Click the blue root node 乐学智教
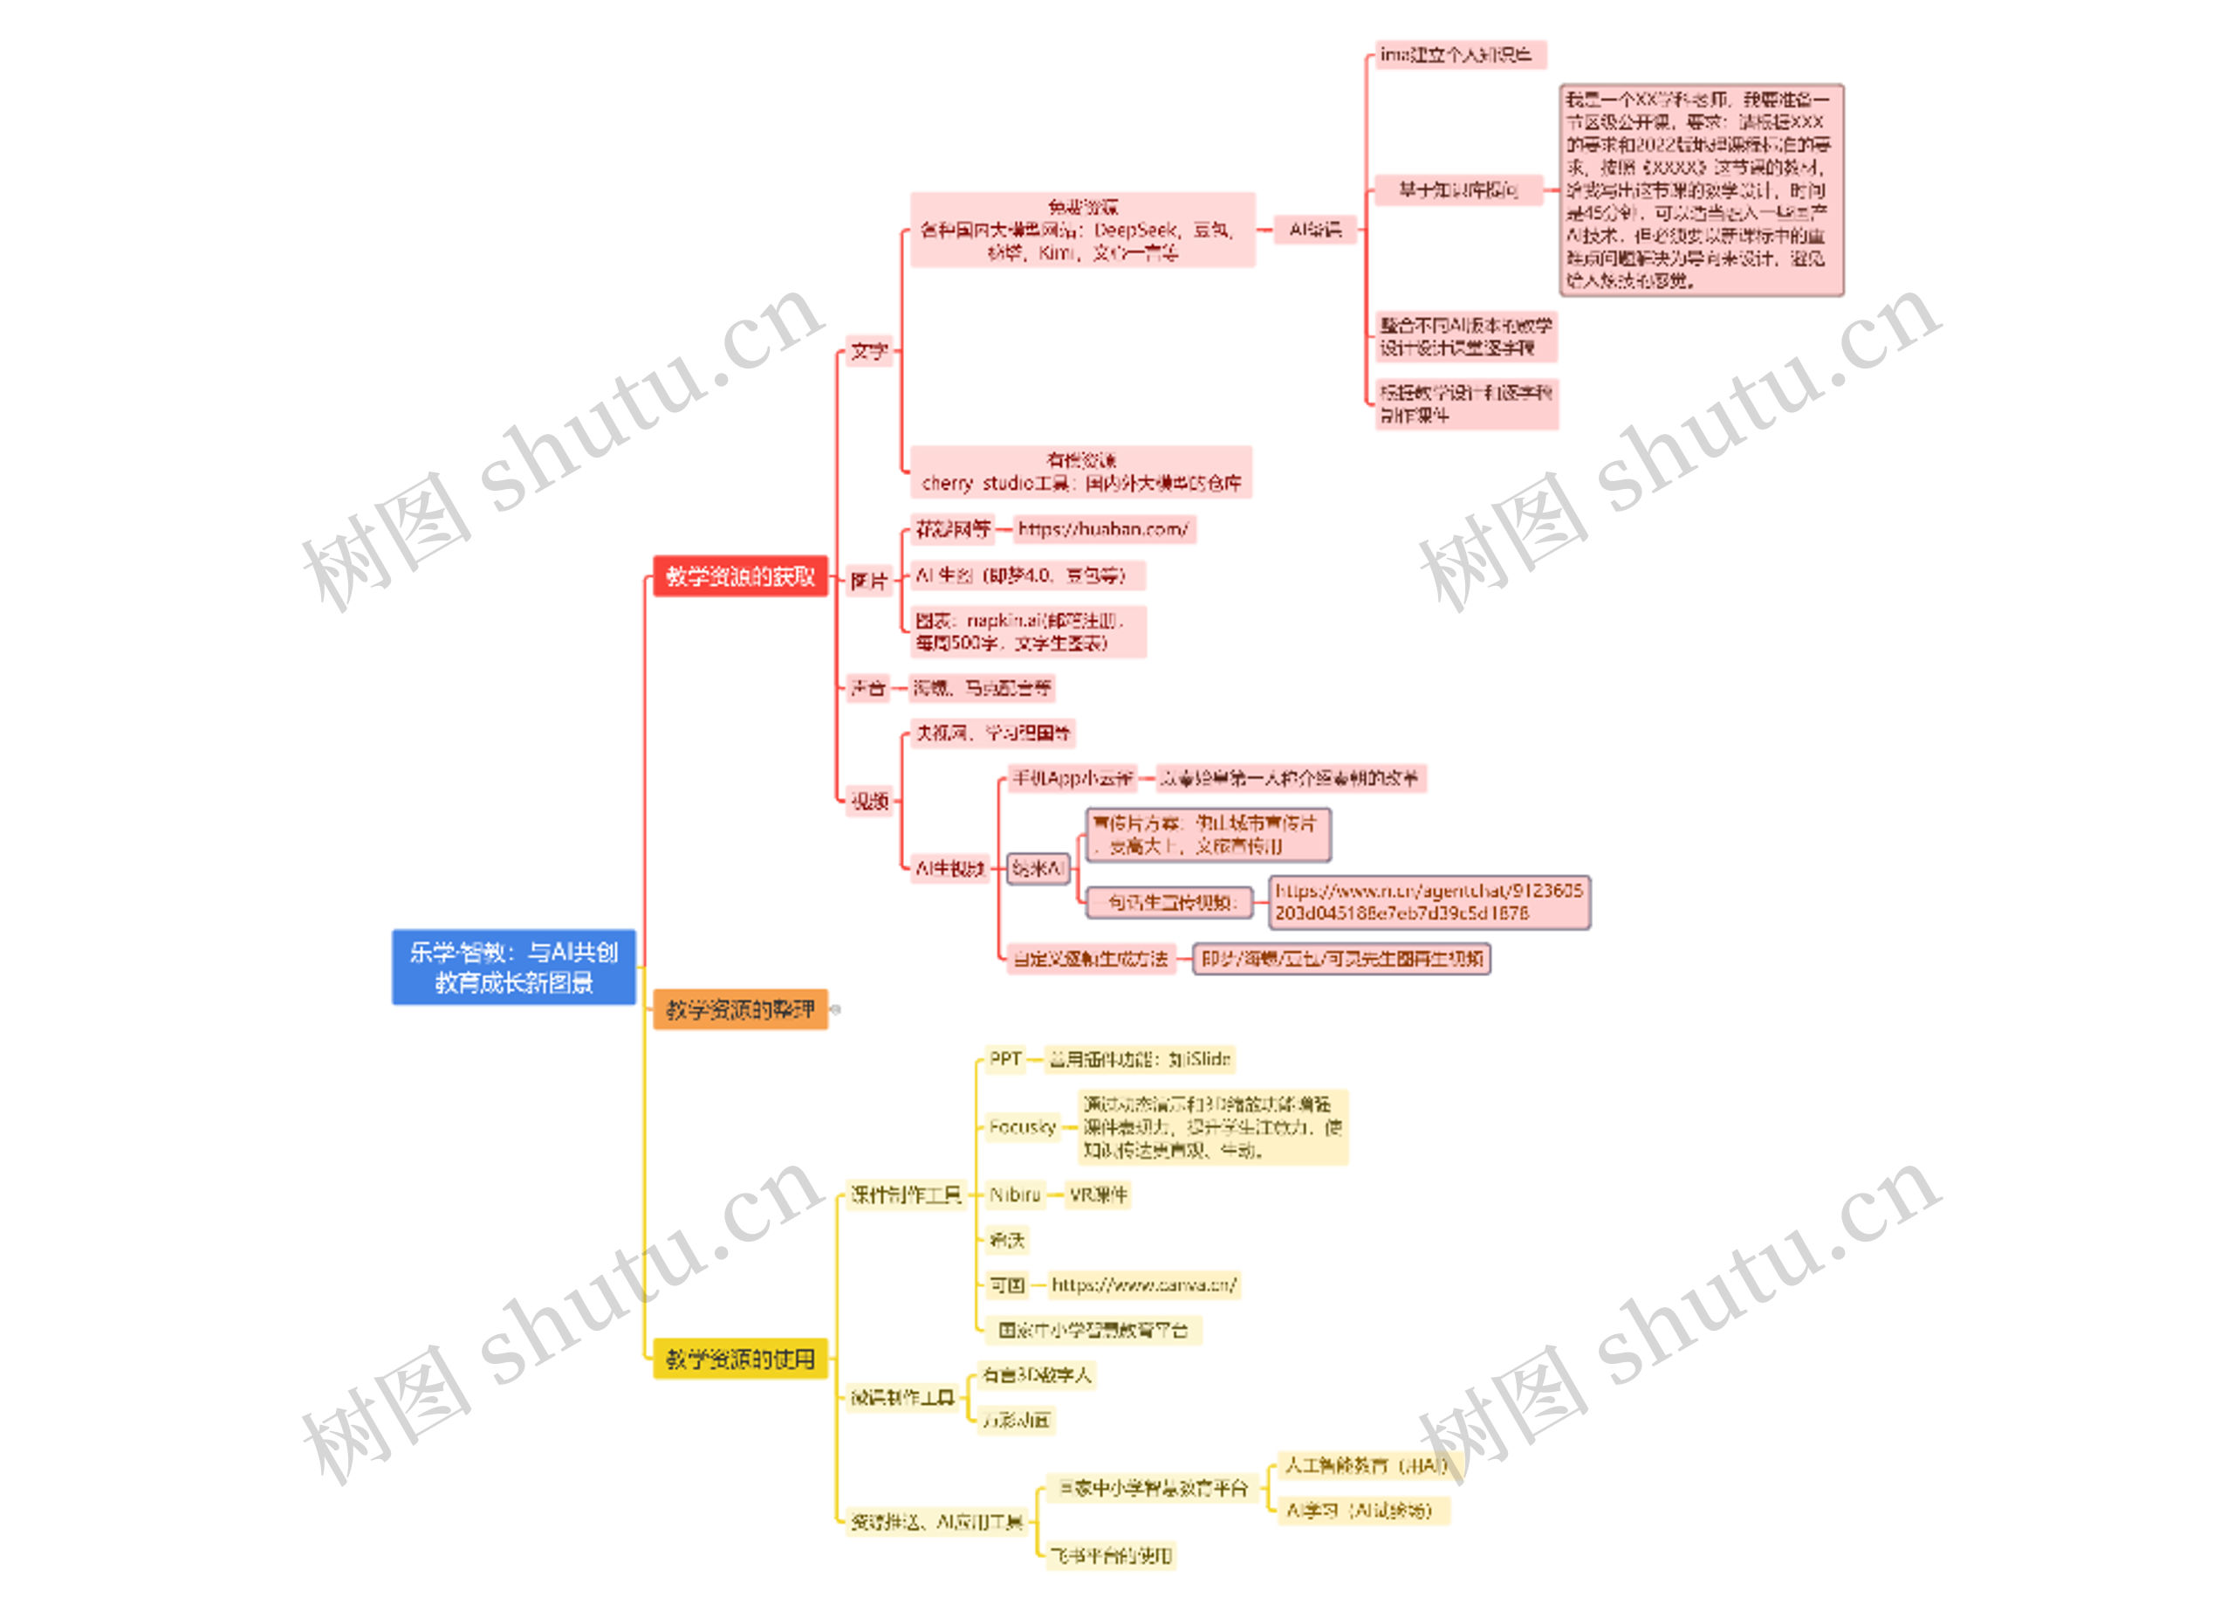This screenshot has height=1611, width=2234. click(x=513, y=967)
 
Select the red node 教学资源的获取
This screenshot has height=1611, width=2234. click(x=740, y=576)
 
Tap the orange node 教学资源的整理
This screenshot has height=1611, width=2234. click(x=740, y=1010)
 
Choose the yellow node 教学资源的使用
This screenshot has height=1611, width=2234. click(x=740, y=1360)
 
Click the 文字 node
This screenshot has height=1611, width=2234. click(x=869, y=352)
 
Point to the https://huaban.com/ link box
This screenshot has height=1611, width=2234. click(x=1103, y=529)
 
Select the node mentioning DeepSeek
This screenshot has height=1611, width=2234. click(x=1081, y=230)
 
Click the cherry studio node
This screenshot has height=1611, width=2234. click(x=1080, y=472)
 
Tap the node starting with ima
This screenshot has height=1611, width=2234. click(x=1459, y=55)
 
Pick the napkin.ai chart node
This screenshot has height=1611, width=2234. click(x=1027, y=631)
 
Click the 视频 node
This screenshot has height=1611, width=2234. click(x=870, y=801)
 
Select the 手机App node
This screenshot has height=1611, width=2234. click(x=1072, y=778)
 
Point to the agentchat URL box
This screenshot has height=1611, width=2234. click(x=1429, y=903)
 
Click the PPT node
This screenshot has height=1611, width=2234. click(x=1004, y=1059)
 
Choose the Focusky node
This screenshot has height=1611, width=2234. click(x=1023, y=1127)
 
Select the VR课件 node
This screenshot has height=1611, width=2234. click(x=1097, y=1195)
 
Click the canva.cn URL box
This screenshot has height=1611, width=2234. click(x=1142, y=1284)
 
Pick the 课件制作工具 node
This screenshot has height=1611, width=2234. click(x=905, y=1195)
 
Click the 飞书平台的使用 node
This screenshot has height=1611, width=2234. click(x=1110, y=1556)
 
